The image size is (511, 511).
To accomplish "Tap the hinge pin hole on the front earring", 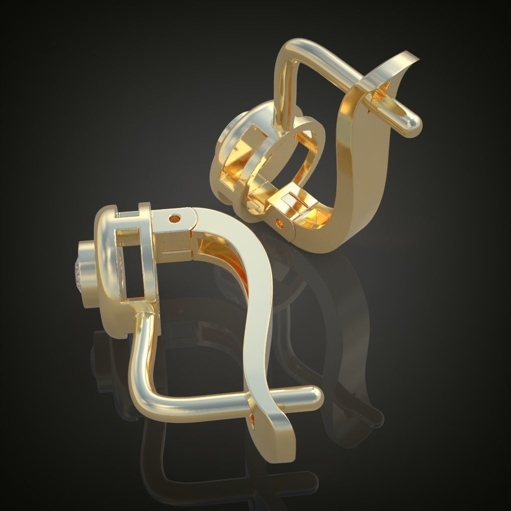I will tap(174, 219).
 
